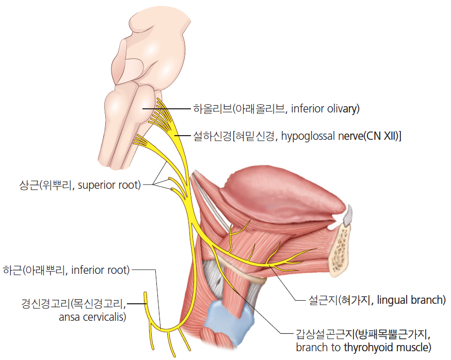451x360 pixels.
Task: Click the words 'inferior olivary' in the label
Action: click(x=325, y=109)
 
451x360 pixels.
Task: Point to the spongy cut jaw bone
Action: click(x=341, y=250)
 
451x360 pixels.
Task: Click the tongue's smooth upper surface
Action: click(x=282, y=195)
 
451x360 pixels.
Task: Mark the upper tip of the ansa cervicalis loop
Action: click(x=145, y=294)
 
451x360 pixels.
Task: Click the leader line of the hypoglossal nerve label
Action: click(x=183, y=136)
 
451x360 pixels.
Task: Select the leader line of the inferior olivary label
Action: click(x=167, y=109)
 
